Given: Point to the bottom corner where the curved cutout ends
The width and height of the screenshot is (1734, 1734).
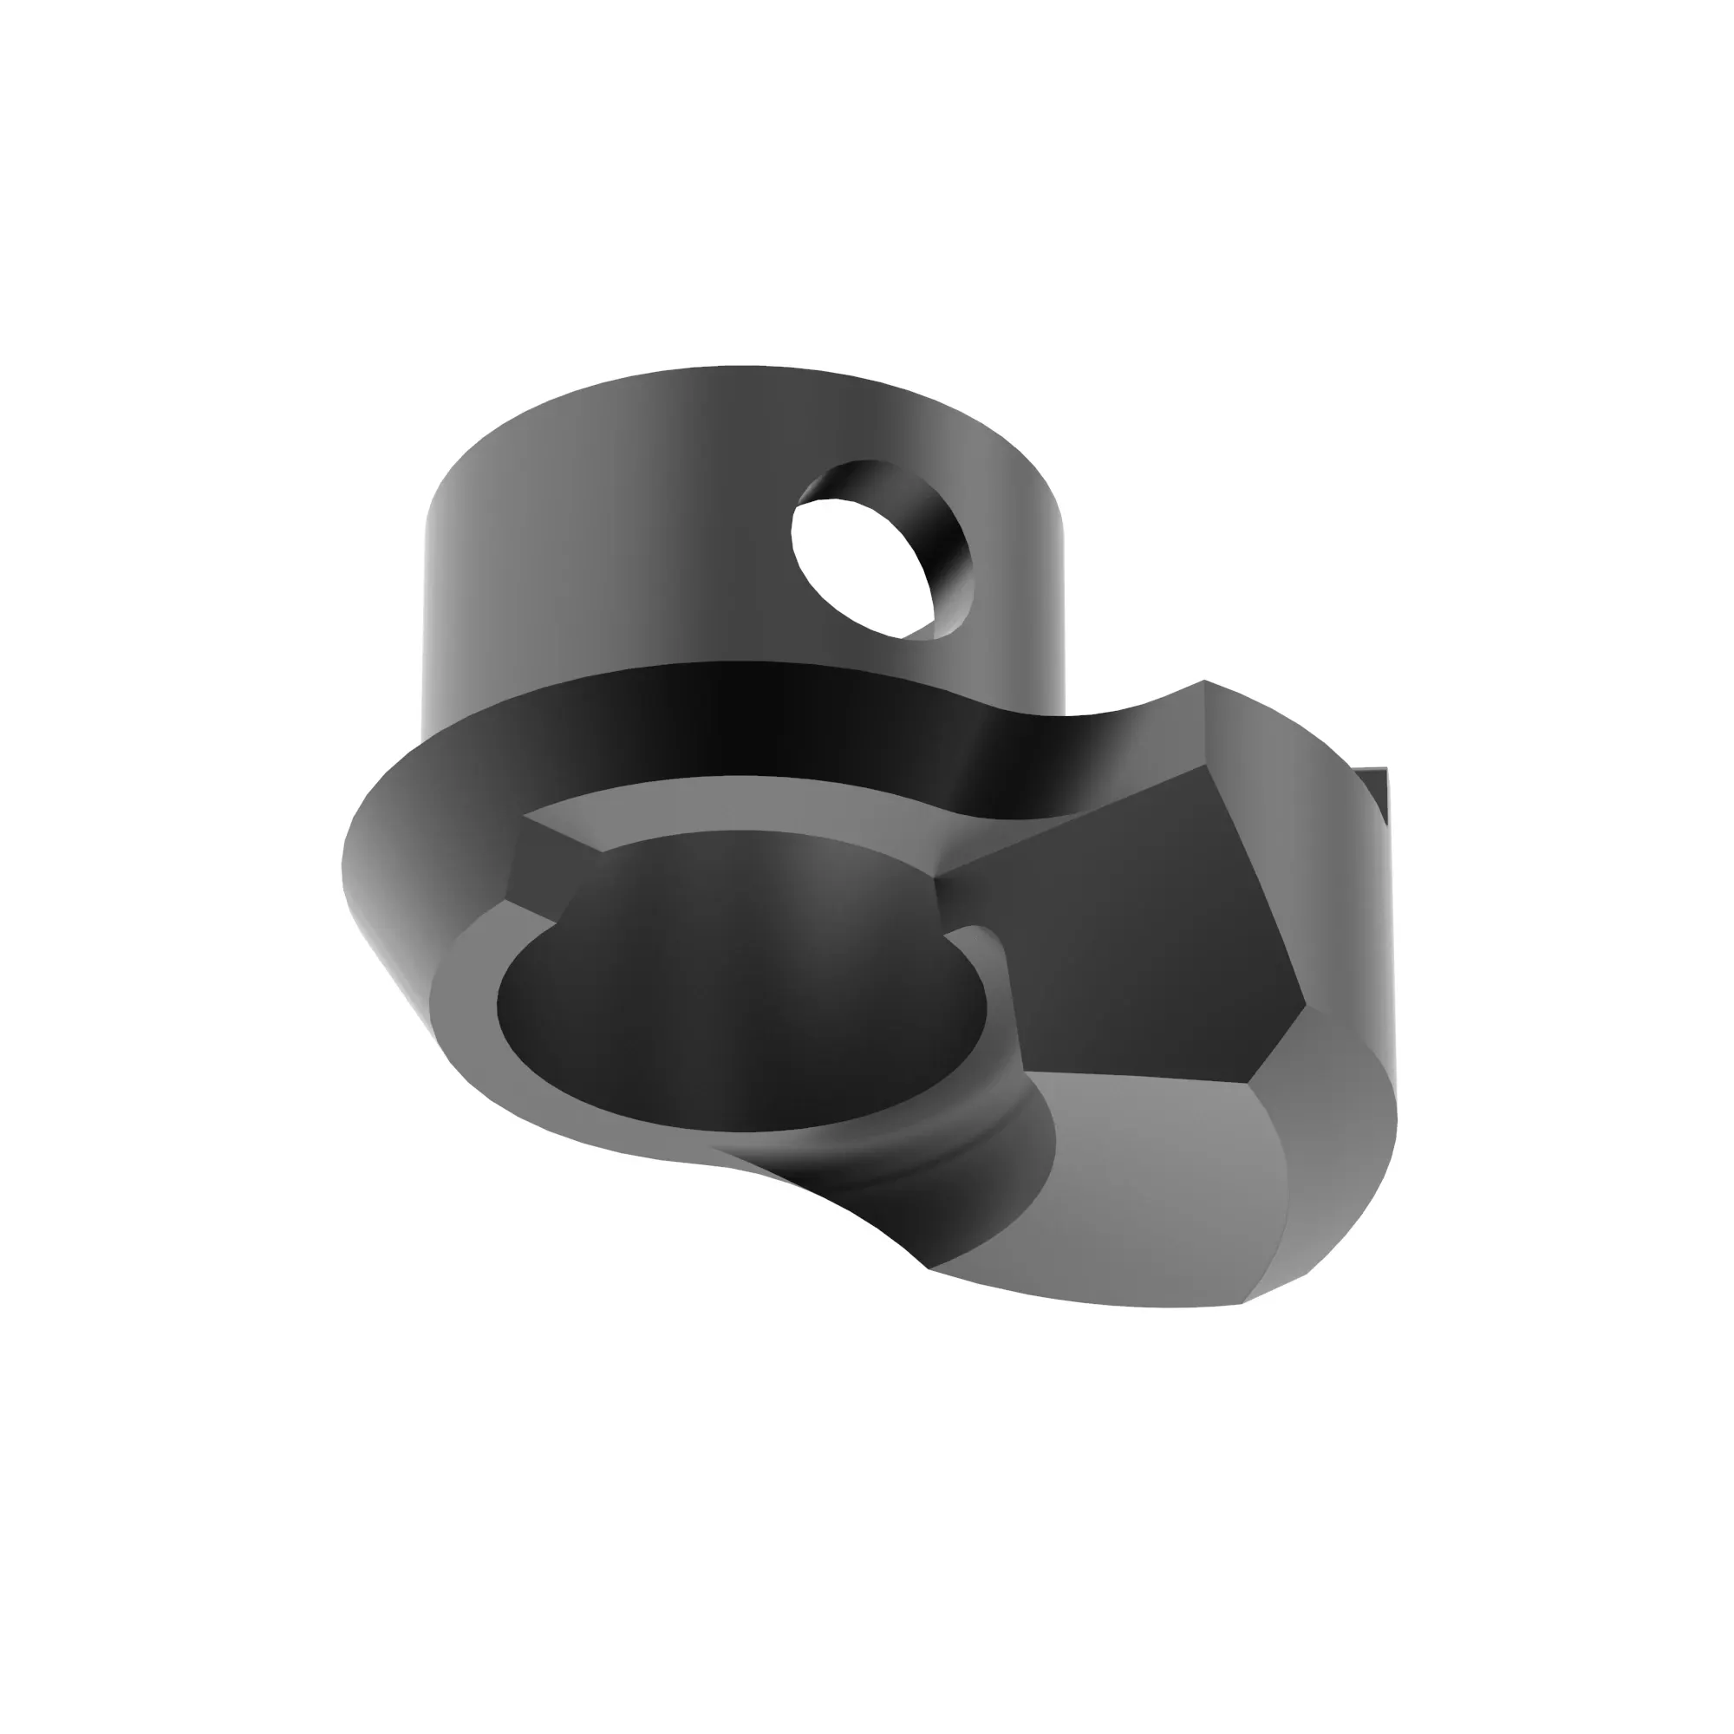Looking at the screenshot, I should (929, 1268).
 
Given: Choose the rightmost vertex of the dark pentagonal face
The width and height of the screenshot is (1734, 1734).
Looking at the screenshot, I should (1304, 1003).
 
